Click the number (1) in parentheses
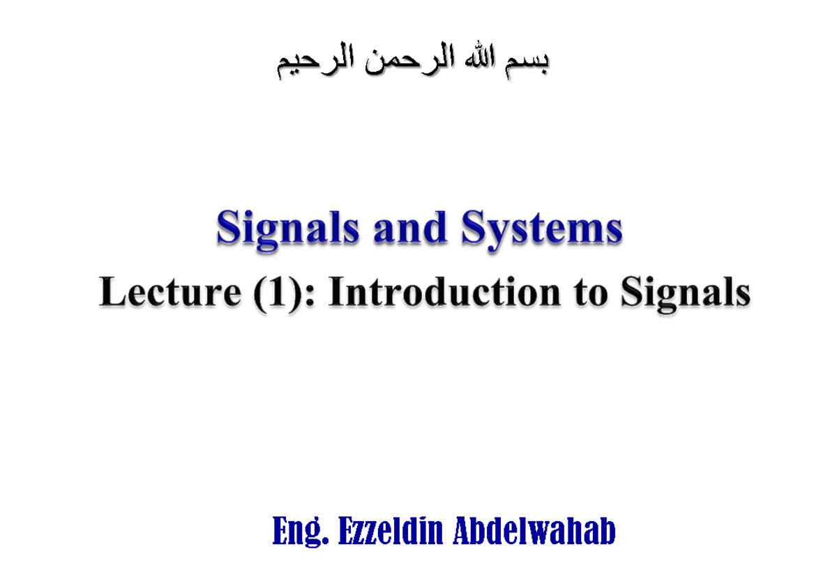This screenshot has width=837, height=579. click(x=273, y=293)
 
